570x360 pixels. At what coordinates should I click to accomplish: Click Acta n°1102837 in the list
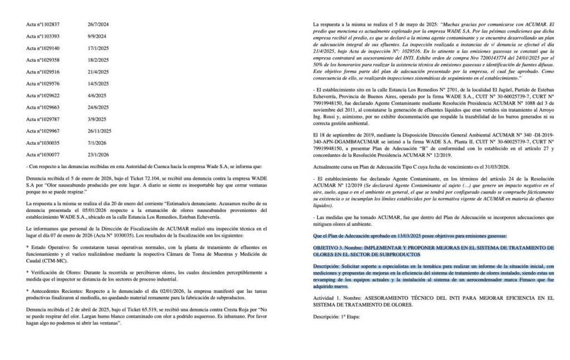(43, 24)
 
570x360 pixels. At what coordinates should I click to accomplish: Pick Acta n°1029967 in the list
(43, 131)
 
